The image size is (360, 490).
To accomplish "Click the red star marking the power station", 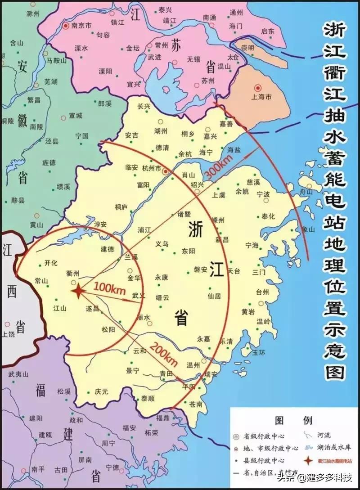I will tap(78, 292).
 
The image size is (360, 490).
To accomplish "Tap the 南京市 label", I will tap(81, 26).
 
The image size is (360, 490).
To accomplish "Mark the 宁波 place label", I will tap(263, 194).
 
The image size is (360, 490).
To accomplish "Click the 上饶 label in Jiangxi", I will tap(8, 334).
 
